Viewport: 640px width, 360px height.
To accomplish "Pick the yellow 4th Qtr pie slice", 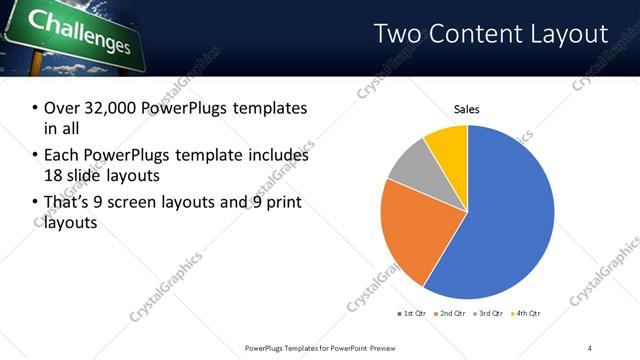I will [447, 145].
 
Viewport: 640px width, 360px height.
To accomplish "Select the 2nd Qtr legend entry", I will [453, 314].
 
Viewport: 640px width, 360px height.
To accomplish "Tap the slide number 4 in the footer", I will [590, 347].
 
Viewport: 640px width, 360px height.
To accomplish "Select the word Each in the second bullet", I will [61, 156].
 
